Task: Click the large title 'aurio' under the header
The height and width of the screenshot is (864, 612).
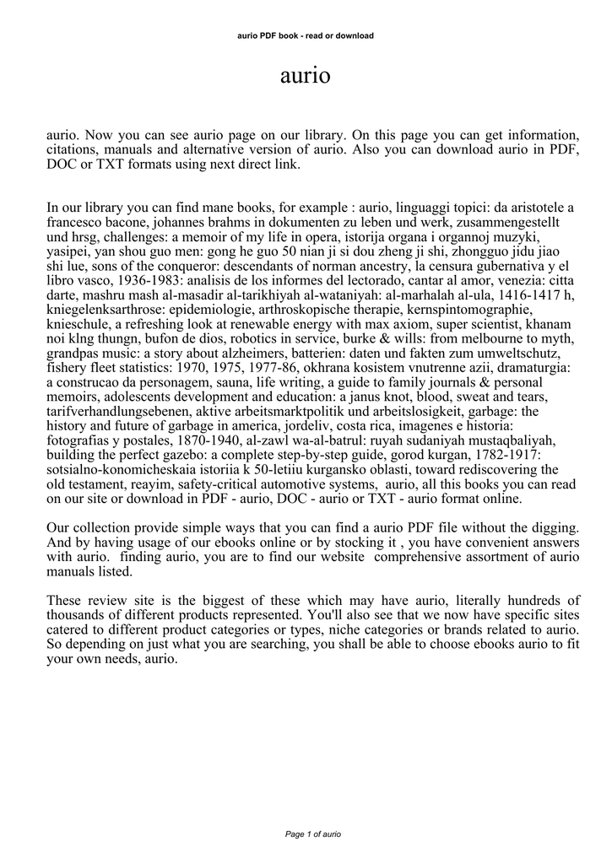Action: point(306,77)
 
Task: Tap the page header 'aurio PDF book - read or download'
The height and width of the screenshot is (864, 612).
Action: point(306,35)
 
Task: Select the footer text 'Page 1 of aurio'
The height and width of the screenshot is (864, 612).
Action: point(312,834)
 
